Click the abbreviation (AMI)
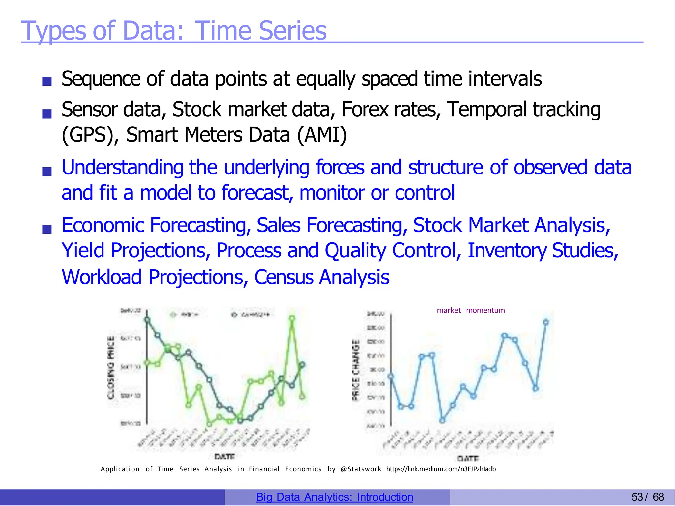point(322,135)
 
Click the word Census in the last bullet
point(284,277)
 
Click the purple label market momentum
point(470,310)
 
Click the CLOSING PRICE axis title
point(111,367)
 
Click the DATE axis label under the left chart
point(224,457)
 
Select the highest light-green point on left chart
point(292,318)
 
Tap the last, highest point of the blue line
point(546,323)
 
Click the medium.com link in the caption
point(441,469)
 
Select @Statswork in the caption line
point(361,469)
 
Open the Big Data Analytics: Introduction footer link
point(334,497)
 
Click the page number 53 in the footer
point(637,497)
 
